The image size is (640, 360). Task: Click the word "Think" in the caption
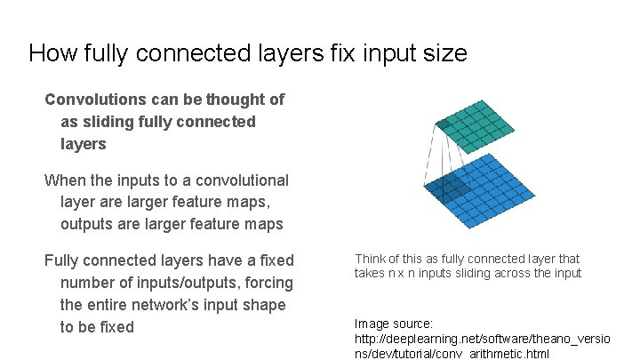pos(371,260)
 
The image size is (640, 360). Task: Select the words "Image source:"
pos(394,325)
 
